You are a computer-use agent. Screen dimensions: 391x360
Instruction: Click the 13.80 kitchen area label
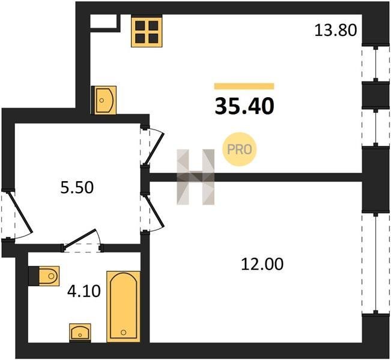pyautogui.click(x=336, y=30)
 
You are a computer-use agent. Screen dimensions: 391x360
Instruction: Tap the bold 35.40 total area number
pyautogui.click(x=244, y=106)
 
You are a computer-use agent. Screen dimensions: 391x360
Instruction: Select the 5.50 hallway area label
pyautogui.click(x=77, y=187)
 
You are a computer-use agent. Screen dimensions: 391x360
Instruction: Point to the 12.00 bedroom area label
pyautogui.click(x=262, y=264)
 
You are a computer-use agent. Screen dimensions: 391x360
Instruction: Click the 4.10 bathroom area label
pyautogui.click(x=84, y=291)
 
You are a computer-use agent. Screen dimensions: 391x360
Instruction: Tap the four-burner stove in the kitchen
pyautogui.click(x=147, y=31)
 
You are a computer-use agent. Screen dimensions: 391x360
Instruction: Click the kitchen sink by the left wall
pyautogui.click(x=104, y=100)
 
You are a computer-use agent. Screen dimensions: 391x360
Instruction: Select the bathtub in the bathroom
pyautogui.click(x=124, y=307)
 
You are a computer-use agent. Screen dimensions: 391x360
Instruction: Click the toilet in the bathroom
pyautogui.click(x=44, y=276)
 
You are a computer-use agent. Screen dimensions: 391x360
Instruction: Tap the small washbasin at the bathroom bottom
pyautogui.click(x=80, y=333)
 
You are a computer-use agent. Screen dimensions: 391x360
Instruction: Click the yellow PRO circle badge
pyautogui.click(x=240, y=149)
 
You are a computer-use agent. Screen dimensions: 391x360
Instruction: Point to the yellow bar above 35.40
pyautogui.click(x=244, y=86)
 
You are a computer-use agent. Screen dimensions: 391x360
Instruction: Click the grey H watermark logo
pyautogui.click(x=196, y=177)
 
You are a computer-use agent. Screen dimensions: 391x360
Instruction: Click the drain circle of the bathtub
pyautogui.click(x=124, y=332)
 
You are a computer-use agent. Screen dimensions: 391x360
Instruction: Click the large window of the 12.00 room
pyautogui.click(x=375, y=263)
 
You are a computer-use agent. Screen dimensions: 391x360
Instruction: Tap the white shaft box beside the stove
pyautogui.click(x=103, y=21)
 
